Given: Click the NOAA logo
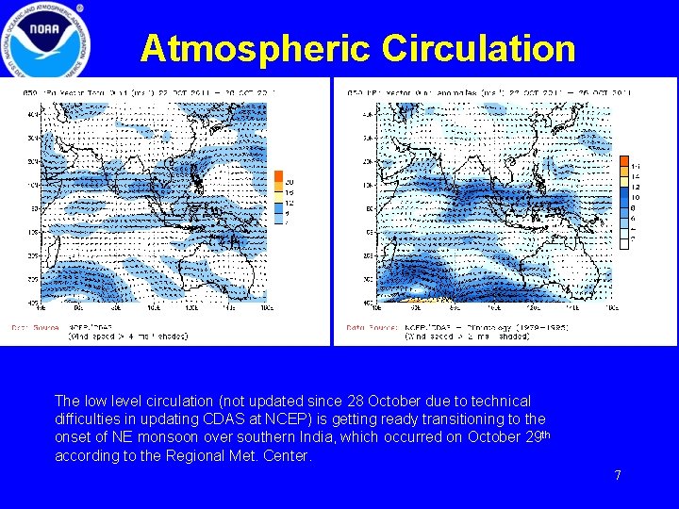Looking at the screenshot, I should tap(46, 40).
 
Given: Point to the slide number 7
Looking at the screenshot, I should tap(618, 475).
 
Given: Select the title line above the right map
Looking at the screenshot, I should tap(489, 92).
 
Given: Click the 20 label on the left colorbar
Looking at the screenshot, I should tap(290, 181).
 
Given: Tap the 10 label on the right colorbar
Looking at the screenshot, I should tap(635, 197).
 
